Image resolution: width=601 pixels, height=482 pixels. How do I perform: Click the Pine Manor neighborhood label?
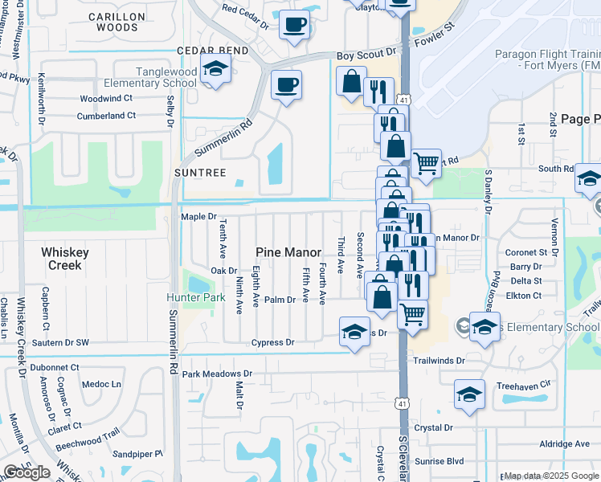coord(288,252)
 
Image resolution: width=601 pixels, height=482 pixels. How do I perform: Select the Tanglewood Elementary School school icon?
coord(215,71)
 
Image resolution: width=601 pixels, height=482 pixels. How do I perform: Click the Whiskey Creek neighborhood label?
coord(65,259)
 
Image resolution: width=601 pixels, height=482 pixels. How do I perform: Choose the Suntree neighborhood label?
coord(196,173)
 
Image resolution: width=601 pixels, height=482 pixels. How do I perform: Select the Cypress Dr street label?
coord(272,342)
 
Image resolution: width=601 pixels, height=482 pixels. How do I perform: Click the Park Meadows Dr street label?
coord(217,374)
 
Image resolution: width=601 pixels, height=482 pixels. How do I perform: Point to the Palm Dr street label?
coord(280,300)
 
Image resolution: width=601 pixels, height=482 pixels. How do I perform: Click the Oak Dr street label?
coord(224,271)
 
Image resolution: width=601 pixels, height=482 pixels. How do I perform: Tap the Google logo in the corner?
coord(27,472)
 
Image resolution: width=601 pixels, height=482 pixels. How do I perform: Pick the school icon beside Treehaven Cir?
coord(469,394)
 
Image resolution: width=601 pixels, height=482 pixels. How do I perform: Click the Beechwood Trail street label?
coord(91,441)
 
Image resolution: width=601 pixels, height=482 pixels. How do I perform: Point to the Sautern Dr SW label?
coord(60,343)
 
